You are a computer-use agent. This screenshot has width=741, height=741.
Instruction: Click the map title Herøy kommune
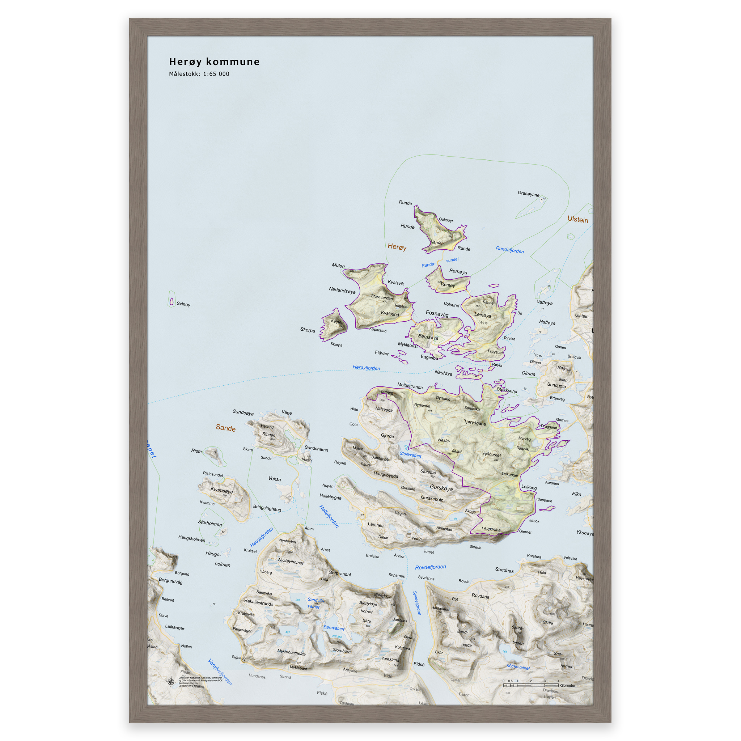(214, 62)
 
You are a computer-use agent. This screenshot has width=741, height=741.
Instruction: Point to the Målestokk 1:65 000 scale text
(199, 74)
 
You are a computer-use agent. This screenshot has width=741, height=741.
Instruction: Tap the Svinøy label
(183, 304)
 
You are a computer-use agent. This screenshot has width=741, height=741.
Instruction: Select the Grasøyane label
(528, 194)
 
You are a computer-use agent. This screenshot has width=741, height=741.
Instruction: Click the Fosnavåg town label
(437, 313)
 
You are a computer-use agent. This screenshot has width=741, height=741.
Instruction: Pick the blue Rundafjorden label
(509, 250)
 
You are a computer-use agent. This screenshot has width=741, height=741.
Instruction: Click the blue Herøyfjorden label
(366, 368)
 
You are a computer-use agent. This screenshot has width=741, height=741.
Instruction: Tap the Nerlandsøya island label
(342, 290)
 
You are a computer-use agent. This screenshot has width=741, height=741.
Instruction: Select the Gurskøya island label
(441, 488)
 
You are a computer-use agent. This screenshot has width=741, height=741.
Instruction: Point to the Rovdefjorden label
(430, 567)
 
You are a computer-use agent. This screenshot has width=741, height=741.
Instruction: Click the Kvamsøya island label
(221, 490)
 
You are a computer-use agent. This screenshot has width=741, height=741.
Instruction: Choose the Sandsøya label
(243, 412)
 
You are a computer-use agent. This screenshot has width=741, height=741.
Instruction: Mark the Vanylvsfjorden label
(220, 672)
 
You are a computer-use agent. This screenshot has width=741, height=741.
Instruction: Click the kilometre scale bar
(530, 685)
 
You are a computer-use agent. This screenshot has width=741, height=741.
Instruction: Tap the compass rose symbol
(171, 681)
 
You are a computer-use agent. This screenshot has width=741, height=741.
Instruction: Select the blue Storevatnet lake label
(410, 454)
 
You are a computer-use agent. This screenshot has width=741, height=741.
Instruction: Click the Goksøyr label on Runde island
(446, 220)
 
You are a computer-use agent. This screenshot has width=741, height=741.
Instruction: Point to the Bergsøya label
(428, 337)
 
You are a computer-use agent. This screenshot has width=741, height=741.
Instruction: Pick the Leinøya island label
(483, 315)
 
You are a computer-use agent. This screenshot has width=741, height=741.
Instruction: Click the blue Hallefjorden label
(329, 516)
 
